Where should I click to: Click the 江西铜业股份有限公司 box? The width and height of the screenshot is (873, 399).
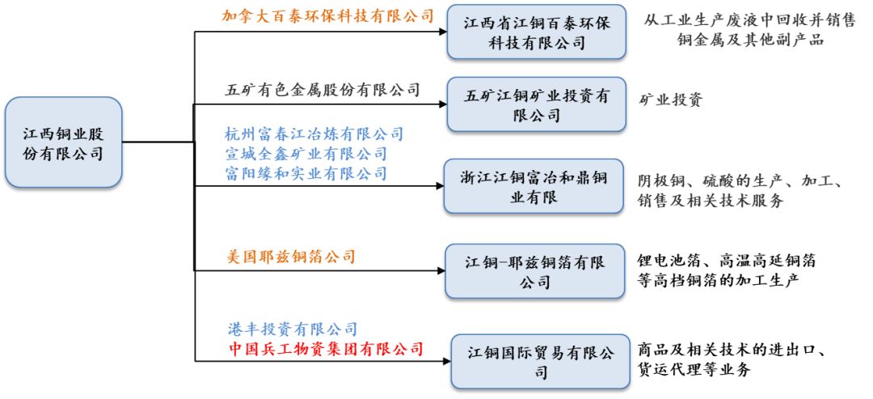point(64,142)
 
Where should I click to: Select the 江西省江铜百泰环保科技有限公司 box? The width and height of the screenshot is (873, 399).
point(537,32)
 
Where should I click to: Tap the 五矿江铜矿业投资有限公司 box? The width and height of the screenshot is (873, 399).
point(537,104)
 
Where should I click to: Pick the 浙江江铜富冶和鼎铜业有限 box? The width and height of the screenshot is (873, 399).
point(533,186)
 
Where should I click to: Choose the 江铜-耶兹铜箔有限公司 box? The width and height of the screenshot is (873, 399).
point(534,271)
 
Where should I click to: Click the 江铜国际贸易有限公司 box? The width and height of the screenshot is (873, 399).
point(540,361)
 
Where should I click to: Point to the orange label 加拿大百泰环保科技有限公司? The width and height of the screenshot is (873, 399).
point(328,15)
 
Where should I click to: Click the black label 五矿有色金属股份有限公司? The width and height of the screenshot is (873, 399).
point(323,88)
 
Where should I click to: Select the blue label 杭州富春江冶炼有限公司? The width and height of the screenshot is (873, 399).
point(314,134)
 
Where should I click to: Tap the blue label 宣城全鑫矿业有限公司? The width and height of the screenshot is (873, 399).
point(306,153)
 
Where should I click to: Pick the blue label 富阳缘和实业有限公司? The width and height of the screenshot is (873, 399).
point(306,172)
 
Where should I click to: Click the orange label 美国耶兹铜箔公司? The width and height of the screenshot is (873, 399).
point(292,257)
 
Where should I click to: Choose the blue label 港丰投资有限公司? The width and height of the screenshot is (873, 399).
point(293,329)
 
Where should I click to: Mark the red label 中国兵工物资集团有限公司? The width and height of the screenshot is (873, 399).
point(327,349)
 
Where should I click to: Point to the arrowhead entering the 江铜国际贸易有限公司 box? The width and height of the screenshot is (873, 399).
point(446,361)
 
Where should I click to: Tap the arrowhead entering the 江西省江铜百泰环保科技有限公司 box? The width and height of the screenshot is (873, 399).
point(443,32)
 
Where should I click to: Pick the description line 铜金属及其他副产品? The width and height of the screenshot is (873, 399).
point(750,40)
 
